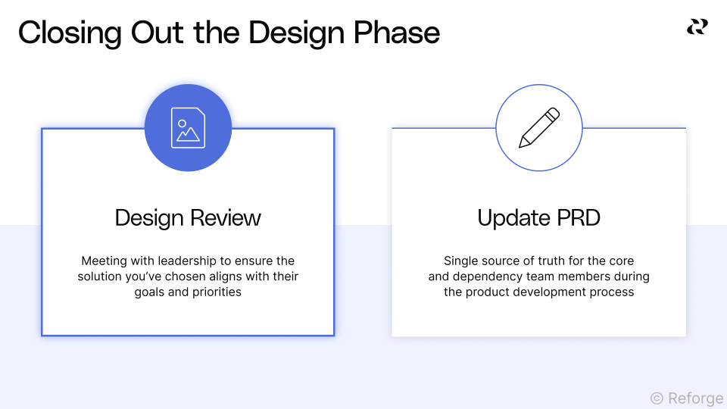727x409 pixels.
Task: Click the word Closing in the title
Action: tap(69, 33)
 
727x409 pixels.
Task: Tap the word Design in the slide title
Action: tap(292, 33)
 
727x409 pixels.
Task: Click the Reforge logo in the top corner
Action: tap(697, 27)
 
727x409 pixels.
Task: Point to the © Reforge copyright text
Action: tap(686, 398)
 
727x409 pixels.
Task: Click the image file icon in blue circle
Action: tap(188, 128)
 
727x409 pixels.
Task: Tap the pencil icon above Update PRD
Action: tap(539, 127)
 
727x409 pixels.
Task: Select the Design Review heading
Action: tap(188, 218)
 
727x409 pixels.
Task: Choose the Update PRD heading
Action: tap(539, 218)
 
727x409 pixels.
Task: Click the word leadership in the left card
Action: tap(185, 261)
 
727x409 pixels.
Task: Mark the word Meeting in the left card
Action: tap(104, 261)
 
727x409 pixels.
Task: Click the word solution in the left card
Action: tap(100, 276)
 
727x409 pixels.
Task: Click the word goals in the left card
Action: tap(150, 292)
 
